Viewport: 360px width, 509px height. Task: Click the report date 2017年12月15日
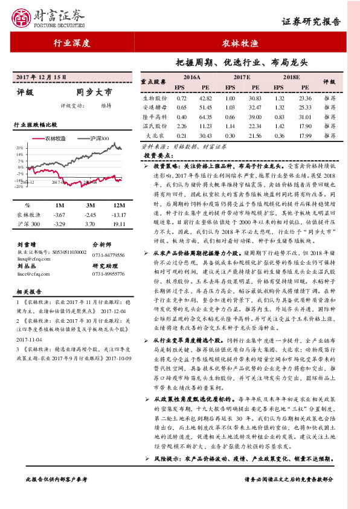[x=40, y=78]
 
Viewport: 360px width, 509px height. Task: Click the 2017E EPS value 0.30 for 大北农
[x=230, y=136]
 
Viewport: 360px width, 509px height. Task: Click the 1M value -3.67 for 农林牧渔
[x=59, y=215]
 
